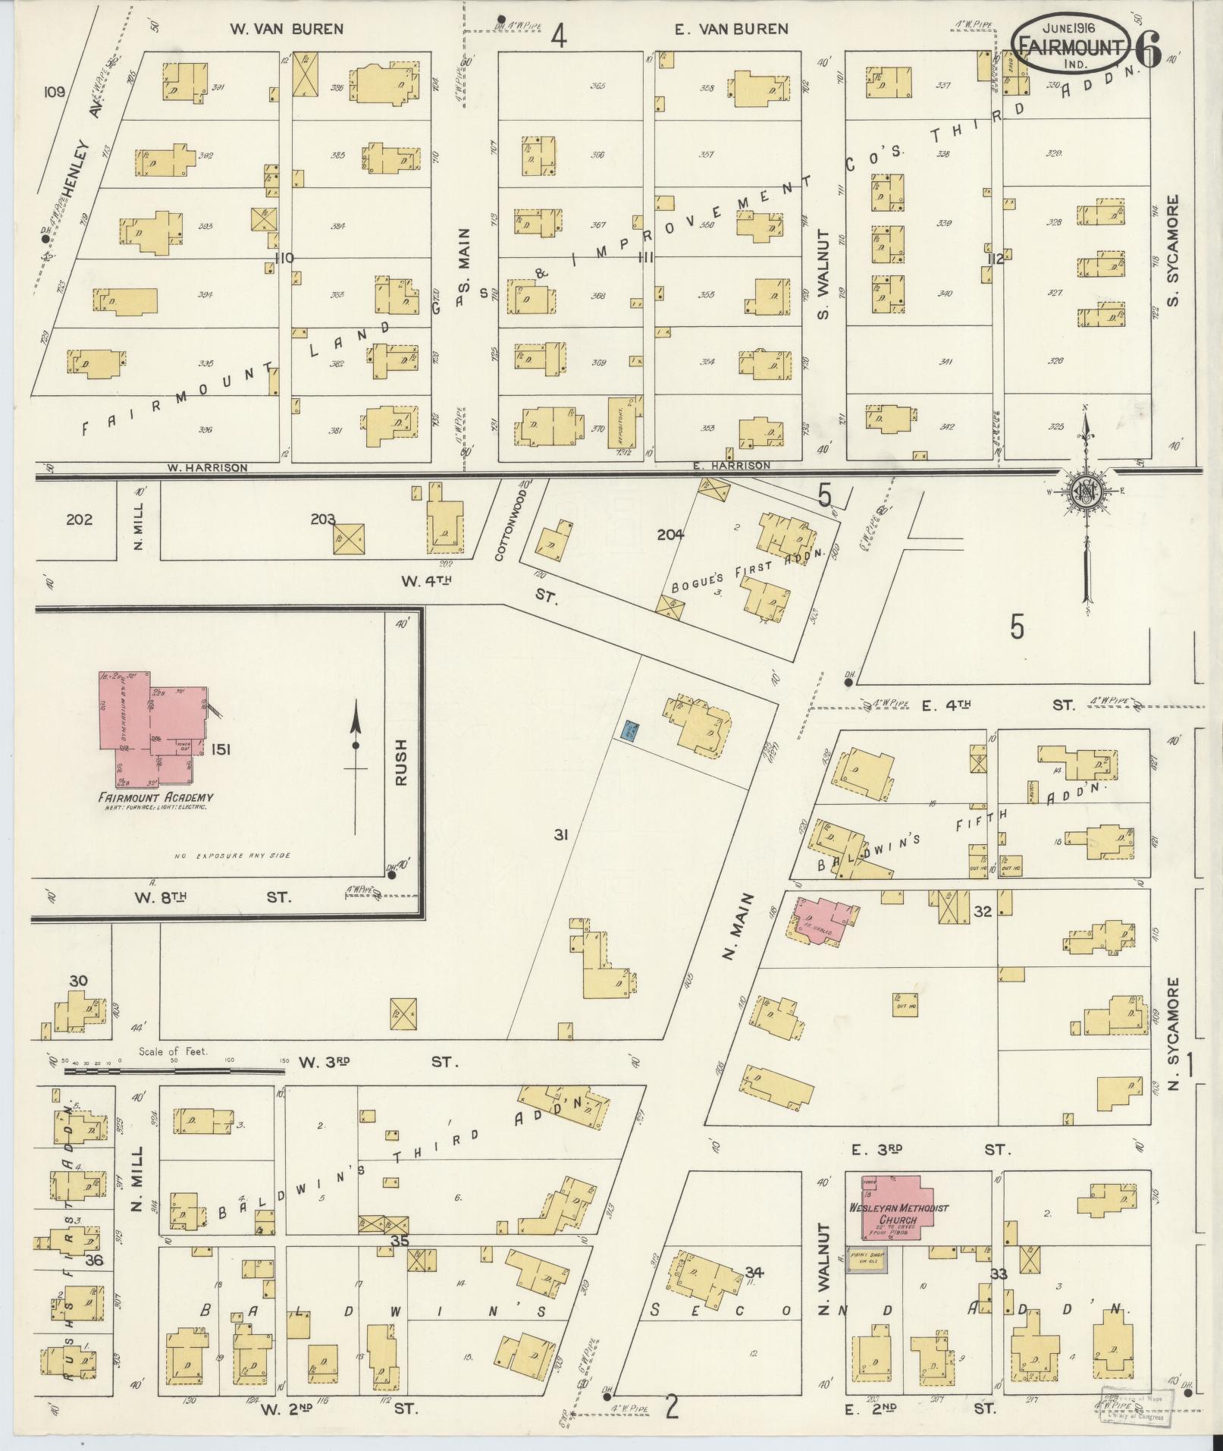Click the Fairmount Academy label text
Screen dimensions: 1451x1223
pos(155,797)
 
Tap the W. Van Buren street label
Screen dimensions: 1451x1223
pos(287,30)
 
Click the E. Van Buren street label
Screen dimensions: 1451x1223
pos(732,30)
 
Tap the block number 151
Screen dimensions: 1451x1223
pos(221,749)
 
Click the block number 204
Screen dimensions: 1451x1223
pos(670,535)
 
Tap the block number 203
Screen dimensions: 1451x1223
pos(323,520)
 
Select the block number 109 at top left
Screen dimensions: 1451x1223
pos(55,92)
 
